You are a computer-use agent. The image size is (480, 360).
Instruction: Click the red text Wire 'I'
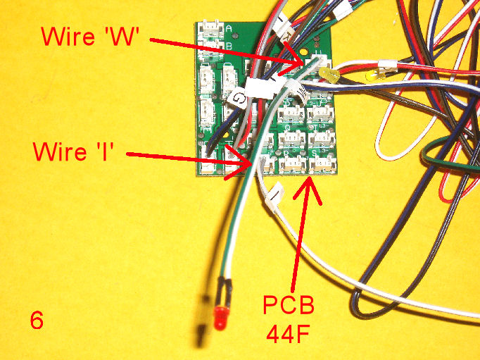[x=76, y=151]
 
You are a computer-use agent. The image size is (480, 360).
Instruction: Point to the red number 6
[x=37, y=321]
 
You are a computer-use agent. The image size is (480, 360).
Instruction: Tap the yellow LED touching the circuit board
[x=327, y=74]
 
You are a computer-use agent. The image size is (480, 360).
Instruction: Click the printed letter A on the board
[x=230, y=28]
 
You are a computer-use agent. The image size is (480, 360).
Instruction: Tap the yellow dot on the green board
[x=303, y=51]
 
